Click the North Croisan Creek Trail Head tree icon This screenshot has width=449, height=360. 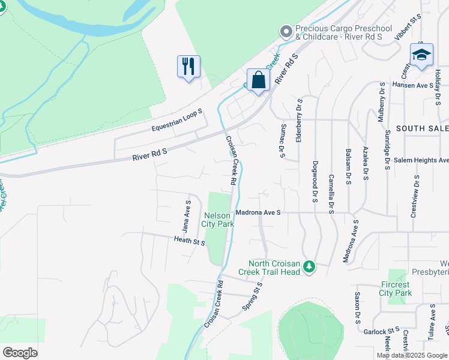click(x=309, y=266)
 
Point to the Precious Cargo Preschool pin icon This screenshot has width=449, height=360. click(x=286, y=31)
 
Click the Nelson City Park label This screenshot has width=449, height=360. click(x=218, y=220)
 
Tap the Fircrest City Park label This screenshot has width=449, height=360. click(x=396, y=289)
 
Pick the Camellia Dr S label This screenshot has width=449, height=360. click(x=331, y=194)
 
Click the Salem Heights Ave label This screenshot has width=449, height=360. click(x=421, y=161)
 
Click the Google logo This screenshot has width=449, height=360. click(x=20, y=353)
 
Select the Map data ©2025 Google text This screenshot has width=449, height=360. click(x=411, y=355)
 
